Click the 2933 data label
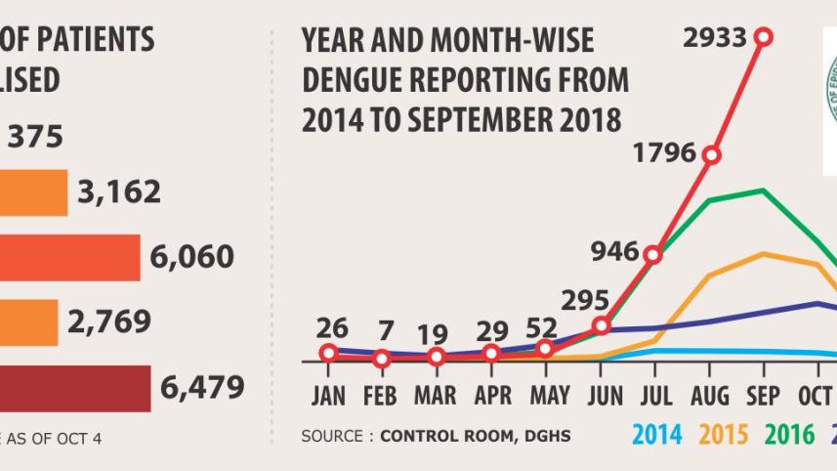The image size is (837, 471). [x=715, y=38]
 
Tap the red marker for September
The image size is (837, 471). [x=764, y=37]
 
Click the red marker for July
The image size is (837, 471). [x=653, y=255]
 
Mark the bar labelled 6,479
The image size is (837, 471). [x=75, y=388]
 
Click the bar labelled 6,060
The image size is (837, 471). [x=70, y=257]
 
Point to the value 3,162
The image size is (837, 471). [x=119, y=193]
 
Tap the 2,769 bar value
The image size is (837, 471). [x=107, y=321]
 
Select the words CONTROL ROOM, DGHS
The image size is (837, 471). [x=475, y=435]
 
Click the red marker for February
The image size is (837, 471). [x=382, y=359]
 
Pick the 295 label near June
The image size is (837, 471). [x=584, y=300]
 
